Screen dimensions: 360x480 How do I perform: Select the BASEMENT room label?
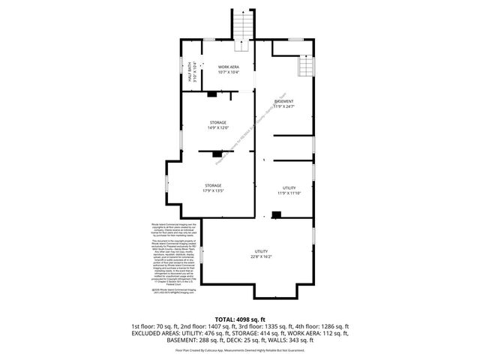(x=283, y=101)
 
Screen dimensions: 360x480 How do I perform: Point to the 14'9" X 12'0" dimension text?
(x=217, y=127)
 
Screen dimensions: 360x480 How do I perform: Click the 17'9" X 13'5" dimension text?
(x=213, y=190)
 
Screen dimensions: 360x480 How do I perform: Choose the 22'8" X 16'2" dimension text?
(x=261, y=256)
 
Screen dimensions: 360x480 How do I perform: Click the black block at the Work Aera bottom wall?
(x=213, y=94)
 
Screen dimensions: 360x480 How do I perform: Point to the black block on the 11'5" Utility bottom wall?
(x=277, y=215)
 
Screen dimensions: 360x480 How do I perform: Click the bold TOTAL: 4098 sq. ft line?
(x=239, y=319)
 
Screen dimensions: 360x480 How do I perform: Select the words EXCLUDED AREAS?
(x=154, y=333)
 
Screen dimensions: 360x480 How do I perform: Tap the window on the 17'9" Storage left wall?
(x=166, y=184)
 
